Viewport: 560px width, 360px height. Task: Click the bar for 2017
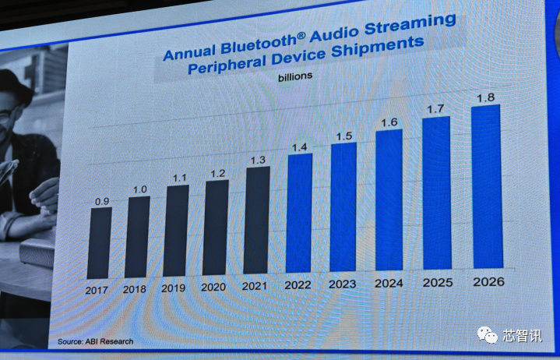(99, 242)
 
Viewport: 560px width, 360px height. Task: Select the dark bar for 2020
(216, 229)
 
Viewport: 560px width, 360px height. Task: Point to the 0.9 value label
(101, 202)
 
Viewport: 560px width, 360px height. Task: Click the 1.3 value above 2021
(259, 161)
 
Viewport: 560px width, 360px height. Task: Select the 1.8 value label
(486, 98)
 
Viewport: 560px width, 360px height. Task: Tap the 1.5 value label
(343, 137)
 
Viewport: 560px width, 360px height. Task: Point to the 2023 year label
(343, 284)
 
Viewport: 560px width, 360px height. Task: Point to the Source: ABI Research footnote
(96, 341)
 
